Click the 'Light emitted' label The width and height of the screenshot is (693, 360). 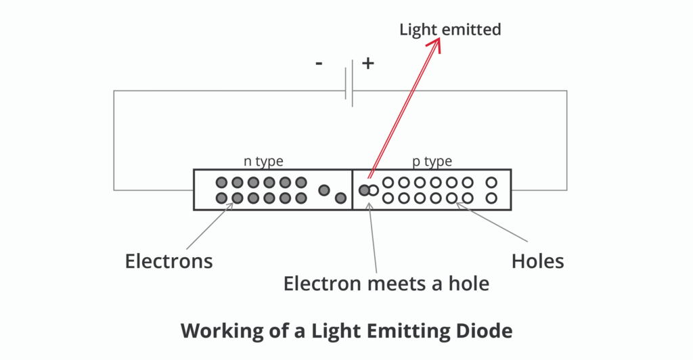[450, 30]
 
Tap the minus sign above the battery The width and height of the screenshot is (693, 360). [319, 64]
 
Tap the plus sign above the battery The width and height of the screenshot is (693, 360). [367, 64]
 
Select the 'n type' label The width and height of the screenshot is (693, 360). [263, 161]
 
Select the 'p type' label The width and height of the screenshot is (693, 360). [432, 161]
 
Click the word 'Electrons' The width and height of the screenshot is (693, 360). [169, 261]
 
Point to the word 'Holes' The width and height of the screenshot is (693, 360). [538, 261]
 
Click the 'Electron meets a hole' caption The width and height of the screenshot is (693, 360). [386, 283]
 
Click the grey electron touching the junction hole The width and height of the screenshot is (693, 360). [364, 190]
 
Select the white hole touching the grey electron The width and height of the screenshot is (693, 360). [373, 190]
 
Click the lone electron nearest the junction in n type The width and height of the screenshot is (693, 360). [340, 198]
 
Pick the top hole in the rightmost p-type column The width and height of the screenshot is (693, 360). [491, 182]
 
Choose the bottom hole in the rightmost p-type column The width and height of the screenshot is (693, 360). [491, 198]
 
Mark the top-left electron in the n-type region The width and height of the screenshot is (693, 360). [221, 182]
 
